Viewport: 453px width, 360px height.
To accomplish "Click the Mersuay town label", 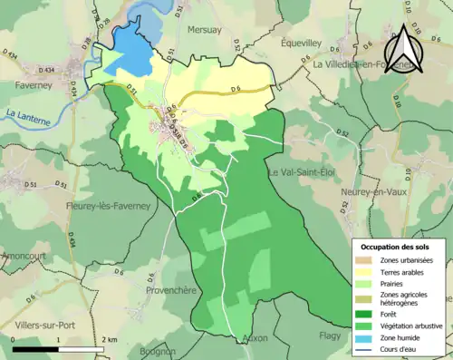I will pos(204,30).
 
